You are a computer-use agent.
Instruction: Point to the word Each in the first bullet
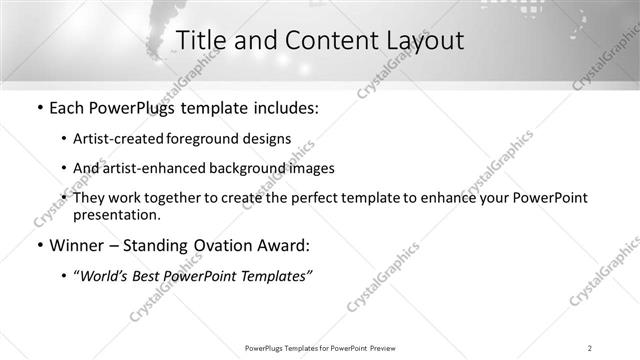click(x=68, y=107)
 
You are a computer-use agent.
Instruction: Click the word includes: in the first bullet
click(x=281, y=107)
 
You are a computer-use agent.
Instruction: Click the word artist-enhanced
click(x=157, y=168)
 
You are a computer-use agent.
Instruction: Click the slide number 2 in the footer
click(x=590, y=347)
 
